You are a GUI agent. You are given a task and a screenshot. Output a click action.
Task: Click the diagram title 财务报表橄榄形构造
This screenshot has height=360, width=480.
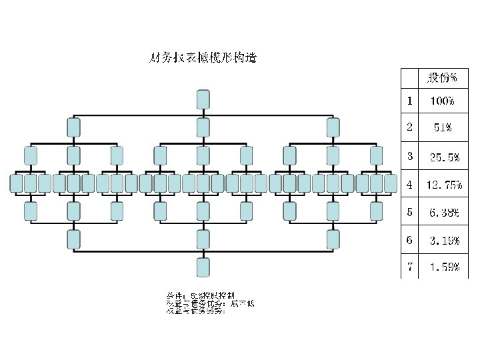[x=203, y=57]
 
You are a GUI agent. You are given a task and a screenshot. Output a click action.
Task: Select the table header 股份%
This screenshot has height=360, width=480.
[x=442, y=78]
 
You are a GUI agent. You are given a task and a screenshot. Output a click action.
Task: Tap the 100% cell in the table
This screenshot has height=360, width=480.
[x=441, y=102]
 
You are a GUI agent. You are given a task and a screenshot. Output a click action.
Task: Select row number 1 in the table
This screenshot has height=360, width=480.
[x=409, y=101]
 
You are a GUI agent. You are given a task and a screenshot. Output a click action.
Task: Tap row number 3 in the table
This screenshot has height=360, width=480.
[x=409, y=157]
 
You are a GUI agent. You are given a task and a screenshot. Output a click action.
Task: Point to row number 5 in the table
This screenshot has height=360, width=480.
[x=409, y=212]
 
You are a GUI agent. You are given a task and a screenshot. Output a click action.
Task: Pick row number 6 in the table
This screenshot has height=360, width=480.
[x=409, y=239]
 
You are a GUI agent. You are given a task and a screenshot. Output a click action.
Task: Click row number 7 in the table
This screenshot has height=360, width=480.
[x=409, y=267]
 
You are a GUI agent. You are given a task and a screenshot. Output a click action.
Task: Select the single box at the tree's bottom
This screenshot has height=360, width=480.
[x=203, y=267]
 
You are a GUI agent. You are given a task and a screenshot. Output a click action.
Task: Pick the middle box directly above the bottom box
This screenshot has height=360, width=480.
[x=203, y=239]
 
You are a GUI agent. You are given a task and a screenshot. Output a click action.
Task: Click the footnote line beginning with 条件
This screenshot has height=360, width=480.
[x=200, y=294]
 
